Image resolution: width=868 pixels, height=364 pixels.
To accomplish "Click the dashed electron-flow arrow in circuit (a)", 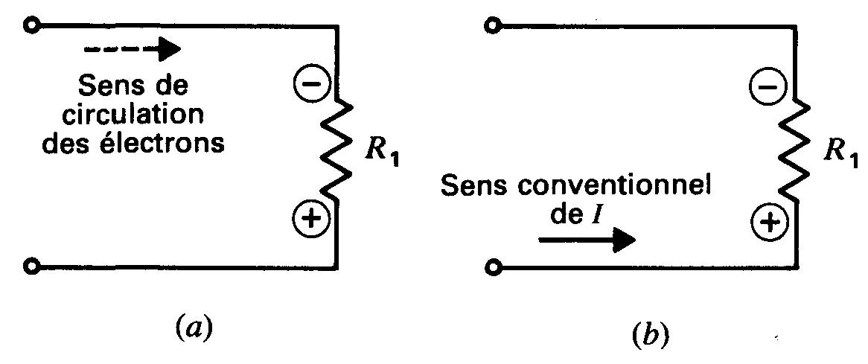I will pyautogui.click(x=133, y=50).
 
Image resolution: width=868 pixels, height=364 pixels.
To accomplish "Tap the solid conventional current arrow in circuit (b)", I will pyautogui.click(x=587, y=240).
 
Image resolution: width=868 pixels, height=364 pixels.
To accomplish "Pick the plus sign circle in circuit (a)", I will pyautogui.click(x=310, y=219).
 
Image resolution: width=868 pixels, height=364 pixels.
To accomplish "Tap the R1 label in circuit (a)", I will pyautogui.click(x=379, y=155).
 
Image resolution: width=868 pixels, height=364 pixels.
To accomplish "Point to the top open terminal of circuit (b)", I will pyautogui.click(x=489, y=26).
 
